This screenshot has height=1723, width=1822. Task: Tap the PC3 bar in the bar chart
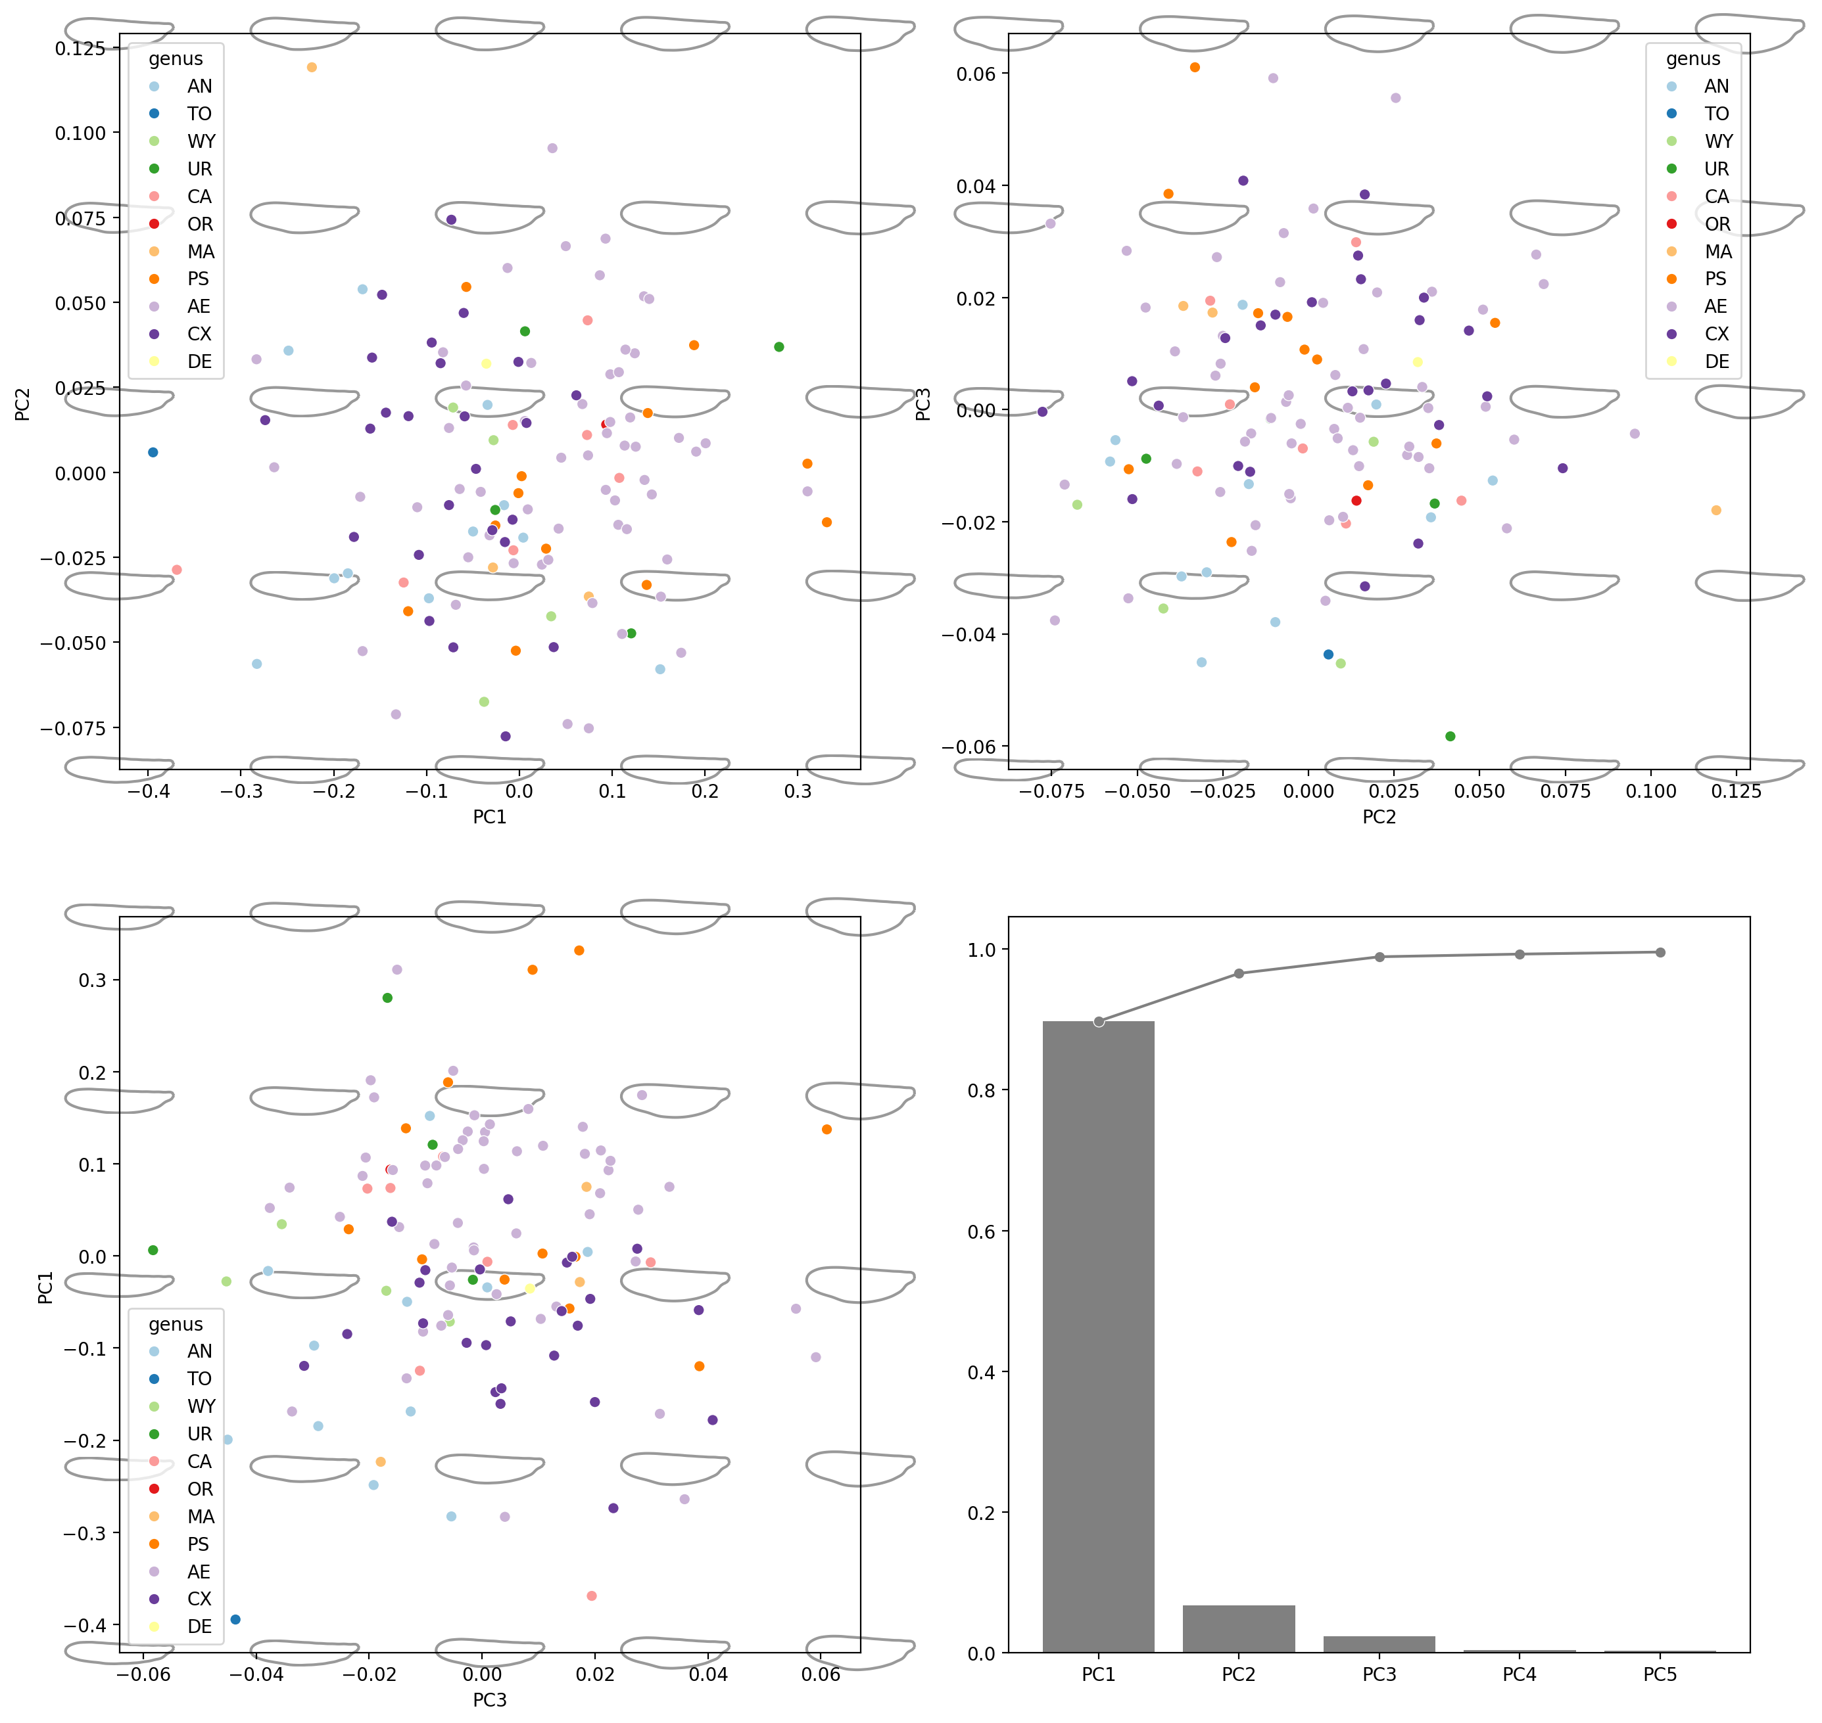coord(1379,1643)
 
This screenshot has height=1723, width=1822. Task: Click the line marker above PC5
coord(1660,952)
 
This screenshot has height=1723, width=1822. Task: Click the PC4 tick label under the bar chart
coord(1520,1674)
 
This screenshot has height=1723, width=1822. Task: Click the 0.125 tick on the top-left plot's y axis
coord(80,48)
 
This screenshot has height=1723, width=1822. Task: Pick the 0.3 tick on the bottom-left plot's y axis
coord(90,980)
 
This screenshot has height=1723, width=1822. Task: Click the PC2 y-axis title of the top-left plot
coord(23,404)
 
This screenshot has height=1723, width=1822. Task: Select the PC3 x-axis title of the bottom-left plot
coord(490,1700)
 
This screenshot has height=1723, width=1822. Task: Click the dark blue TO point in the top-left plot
coord(153,453)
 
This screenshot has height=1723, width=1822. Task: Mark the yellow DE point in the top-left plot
coord(486,363)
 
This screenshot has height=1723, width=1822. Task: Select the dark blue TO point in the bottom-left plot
coord(235,1619)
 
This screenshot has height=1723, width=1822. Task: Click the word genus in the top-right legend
coord(1693,58)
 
